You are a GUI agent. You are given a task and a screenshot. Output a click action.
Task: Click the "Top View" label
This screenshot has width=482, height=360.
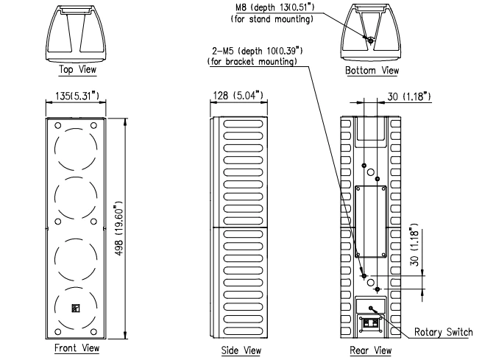pos(77,70)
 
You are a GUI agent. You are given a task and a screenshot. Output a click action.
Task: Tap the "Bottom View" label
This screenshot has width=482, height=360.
pos(371,71)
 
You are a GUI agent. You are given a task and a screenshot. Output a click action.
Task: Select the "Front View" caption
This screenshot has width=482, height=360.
pos(77,348)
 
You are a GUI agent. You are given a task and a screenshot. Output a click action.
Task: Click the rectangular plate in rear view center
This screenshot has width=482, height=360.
pos(371,220)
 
